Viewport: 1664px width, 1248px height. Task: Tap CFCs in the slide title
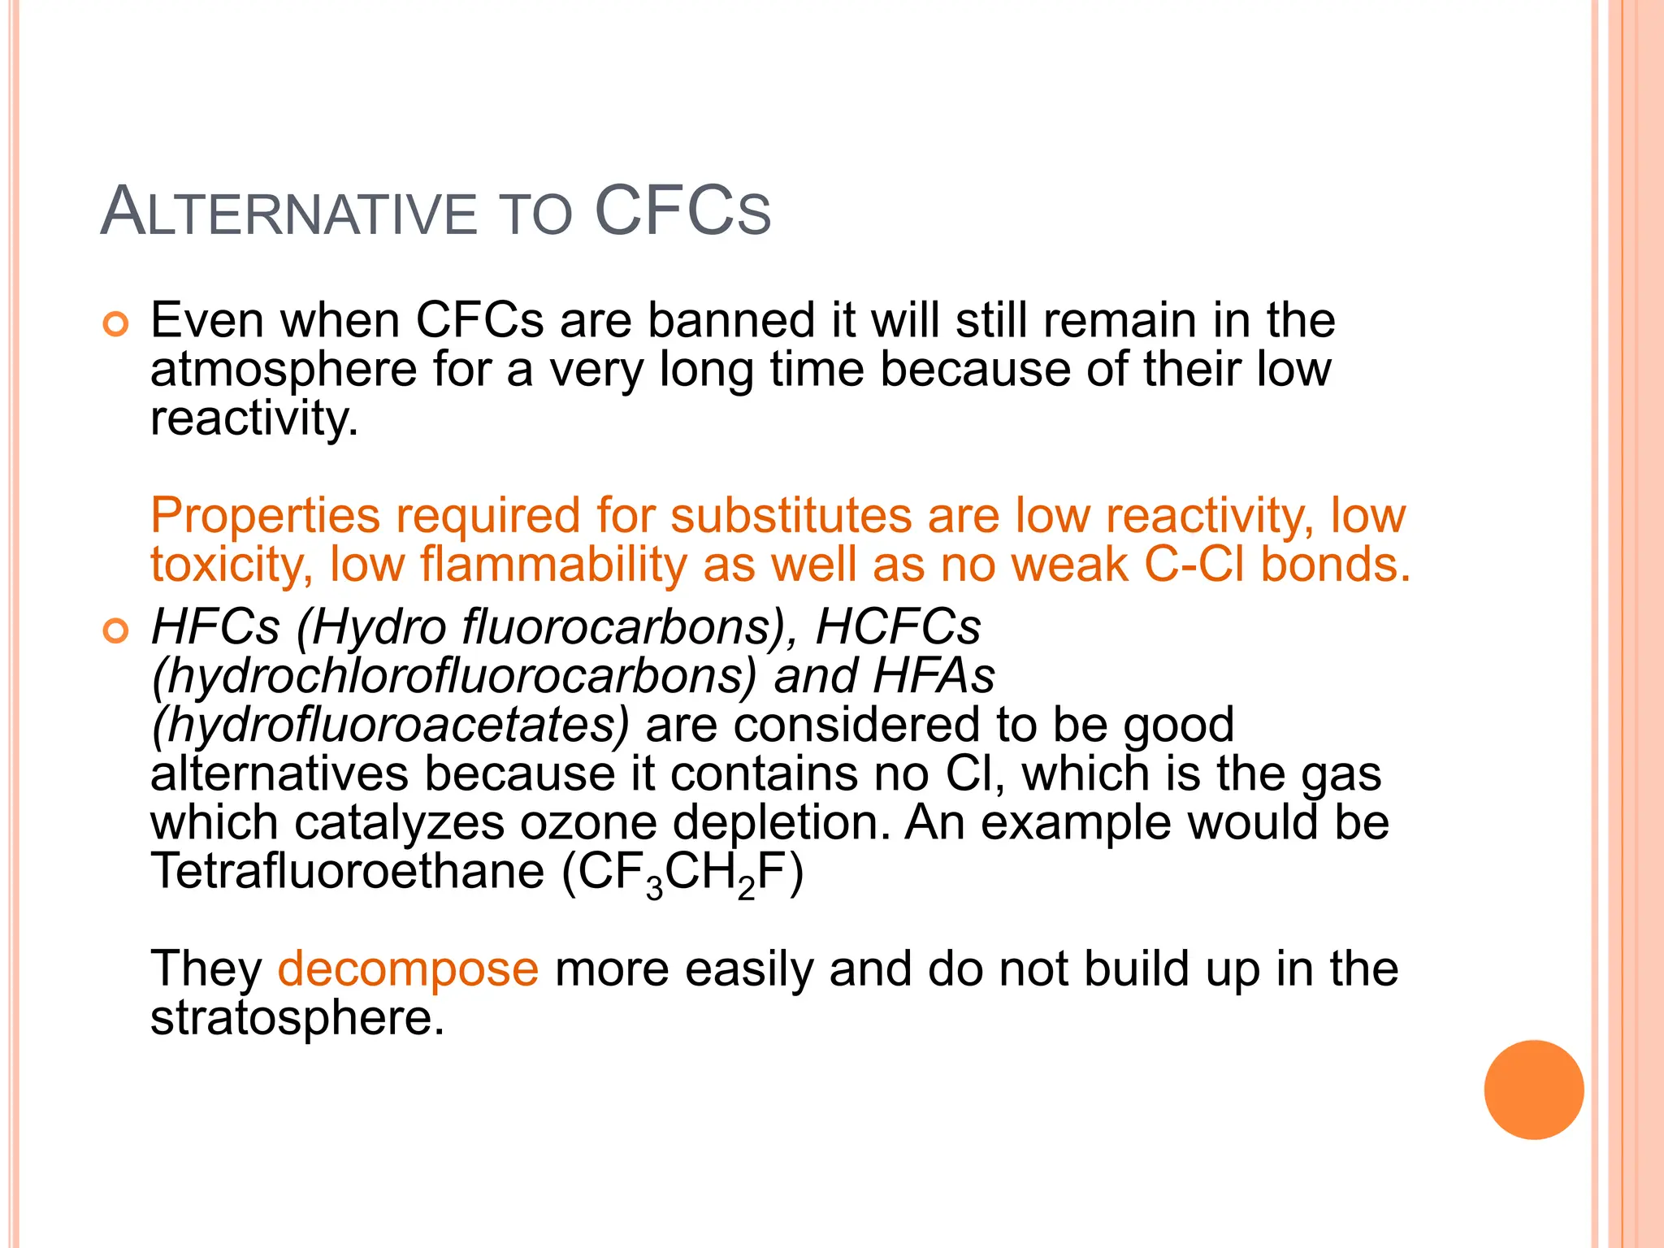pos(682,212)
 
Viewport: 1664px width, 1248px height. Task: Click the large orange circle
pos(1533,1090)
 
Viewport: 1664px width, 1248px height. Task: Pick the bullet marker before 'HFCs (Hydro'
pos(116,631)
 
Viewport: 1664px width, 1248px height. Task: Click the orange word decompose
pos(408,968)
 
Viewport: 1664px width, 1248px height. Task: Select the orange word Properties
pos(265,515)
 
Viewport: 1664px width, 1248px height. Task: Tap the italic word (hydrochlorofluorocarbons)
pos(454,676)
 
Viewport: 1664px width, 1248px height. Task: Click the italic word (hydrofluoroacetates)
pos(390,725)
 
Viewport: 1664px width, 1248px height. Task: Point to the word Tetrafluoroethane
pos(347,871)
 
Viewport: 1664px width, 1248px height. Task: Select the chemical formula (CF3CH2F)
pos(682,873)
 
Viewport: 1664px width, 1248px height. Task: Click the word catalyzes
pos(399,822)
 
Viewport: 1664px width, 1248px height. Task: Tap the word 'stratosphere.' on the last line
pos(297,1017)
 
